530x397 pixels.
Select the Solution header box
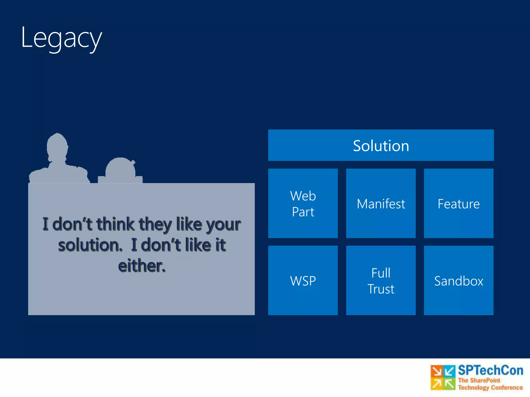pos(381,145)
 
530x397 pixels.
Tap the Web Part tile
pos(303,203)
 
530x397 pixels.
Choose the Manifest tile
pos(381,203)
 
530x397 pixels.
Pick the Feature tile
pos(459,203)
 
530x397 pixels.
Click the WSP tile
pos(303,280)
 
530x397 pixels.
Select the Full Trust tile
pos(381,280)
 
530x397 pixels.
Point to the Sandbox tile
pos(459,280)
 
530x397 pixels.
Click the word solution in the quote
pos(90,245)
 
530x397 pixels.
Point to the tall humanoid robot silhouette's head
pos(57,146)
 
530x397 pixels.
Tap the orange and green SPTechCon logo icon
pos(443,377)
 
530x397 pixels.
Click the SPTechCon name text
pos(490,370)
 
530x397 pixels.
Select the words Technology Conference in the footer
pos(490,387)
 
